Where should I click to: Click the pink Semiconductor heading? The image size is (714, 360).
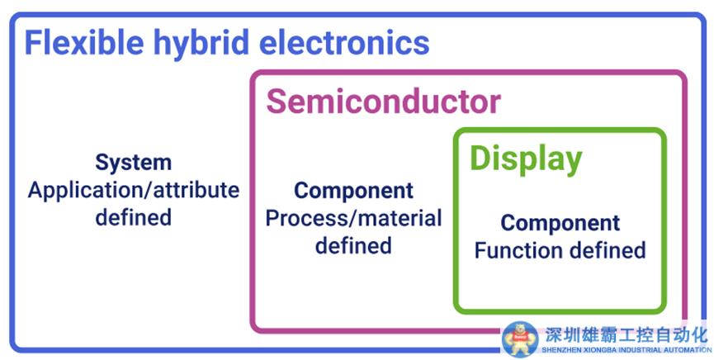(383, 102)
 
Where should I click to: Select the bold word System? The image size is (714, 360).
(133, 162)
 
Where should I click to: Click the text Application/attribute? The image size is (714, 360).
(134, 190)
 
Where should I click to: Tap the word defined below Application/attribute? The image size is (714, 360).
(133, 218)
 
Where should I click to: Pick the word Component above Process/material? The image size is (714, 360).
(353, 191)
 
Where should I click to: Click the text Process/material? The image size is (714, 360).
(353, 219)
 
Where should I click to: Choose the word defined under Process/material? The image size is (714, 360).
(353, 246)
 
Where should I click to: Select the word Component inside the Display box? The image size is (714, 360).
(560, 223)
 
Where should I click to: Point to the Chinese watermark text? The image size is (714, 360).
(626, 335)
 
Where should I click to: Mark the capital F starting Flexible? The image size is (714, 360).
(33, 43)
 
